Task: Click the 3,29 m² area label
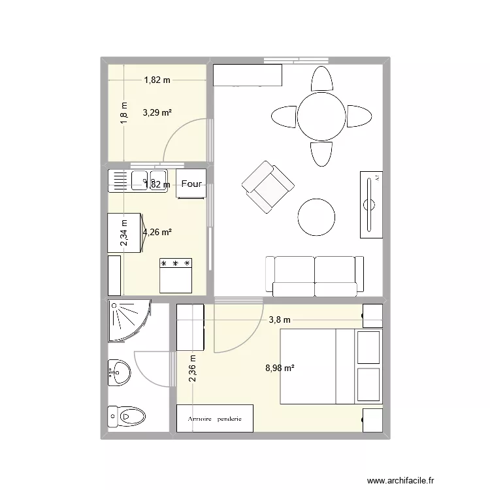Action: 157,112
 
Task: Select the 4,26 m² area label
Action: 157,231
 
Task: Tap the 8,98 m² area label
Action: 280,368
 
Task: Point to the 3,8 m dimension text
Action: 280,319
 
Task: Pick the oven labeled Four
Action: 191,184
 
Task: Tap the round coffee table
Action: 318,218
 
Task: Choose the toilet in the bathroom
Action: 129,416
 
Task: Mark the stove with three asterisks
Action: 175,274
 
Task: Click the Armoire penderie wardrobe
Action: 214,418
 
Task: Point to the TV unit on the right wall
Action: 370,204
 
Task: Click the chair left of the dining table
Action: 284,117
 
